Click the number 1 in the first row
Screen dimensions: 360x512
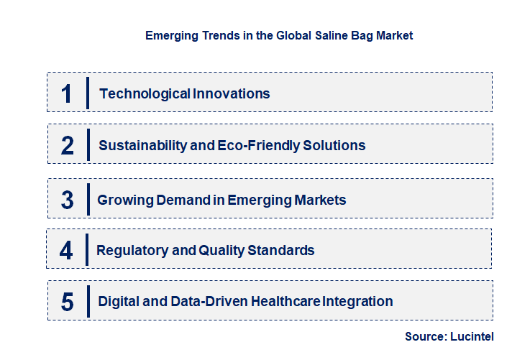(x=67, y=93)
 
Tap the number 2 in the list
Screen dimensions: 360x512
(x=68, y=145)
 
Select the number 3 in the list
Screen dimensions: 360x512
(x=68, y=200)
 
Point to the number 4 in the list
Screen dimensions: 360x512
(x=67, y=251)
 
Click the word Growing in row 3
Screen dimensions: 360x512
(x=124, y=200)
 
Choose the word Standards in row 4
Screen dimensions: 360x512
(x=281, y=251)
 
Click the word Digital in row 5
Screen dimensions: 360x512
(x=119, y=302)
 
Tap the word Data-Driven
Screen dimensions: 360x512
(x=209, y=302)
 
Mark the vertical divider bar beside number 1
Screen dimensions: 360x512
(x=88, y=93)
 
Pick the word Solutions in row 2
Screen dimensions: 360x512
(x=334, y=145)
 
